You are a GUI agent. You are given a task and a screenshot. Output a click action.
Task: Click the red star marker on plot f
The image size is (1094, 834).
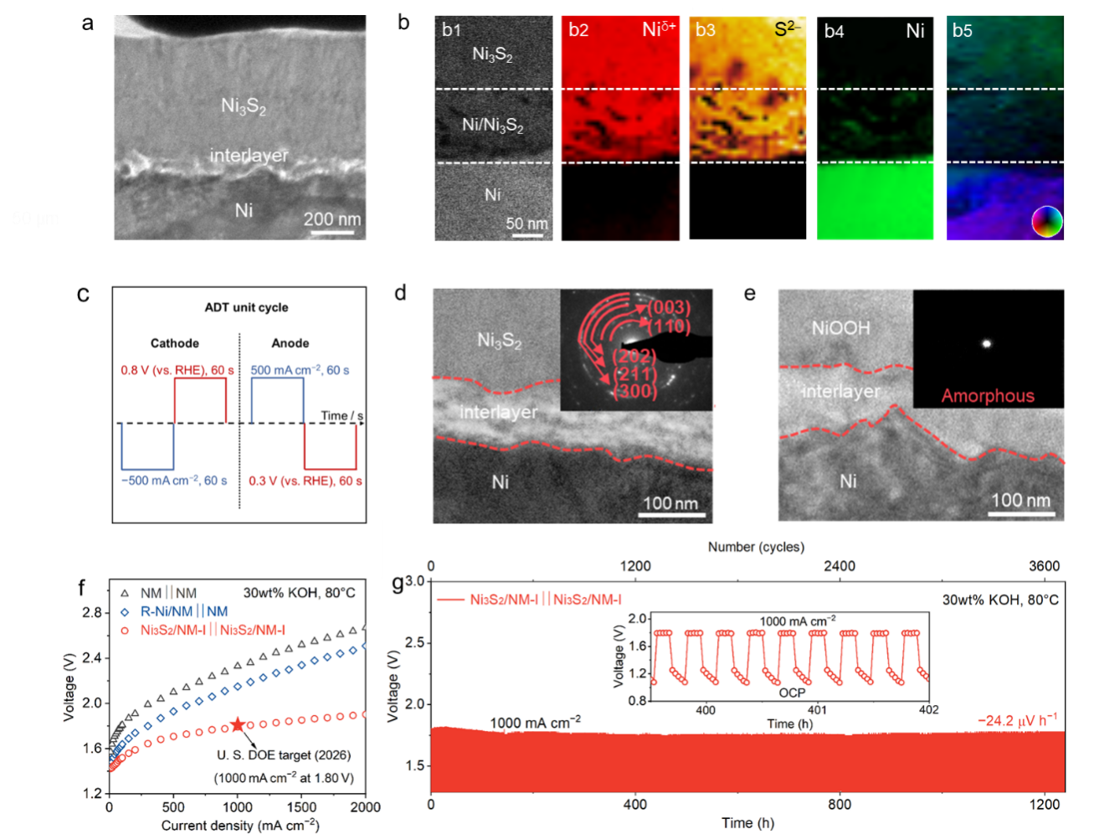[x=238, y=725]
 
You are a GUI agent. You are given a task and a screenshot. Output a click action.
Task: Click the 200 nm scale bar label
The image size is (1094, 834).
[x=331, y=219]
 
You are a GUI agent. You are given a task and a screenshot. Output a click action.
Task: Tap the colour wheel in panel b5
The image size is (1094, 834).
[x=1046, y=222]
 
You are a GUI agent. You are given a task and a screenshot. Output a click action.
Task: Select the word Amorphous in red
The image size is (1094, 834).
[x=988, y=396]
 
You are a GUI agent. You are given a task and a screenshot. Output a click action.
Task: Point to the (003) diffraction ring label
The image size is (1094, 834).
[x=669, y=308]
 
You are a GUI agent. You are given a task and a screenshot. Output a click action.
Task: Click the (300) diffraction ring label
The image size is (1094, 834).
[x=635, y=391]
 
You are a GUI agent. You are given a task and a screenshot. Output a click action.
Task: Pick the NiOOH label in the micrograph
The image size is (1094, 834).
[x=840, y=328]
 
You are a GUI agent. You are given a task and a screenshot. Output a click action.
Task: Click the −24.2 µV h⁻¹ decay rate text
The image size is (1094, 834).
[x=1017, y=720]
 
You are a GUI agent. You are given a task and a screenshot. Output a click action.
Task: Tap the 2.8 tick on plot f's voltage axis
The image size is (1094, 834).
[x=92, y=613]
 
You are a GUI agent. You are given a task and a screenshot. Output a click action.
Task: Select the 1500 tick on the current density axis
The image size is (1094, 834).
[x=301, y=807]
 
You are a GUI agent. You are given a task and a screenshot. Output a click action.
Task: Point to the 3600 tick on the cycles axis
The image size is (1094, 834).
[x=1044, y=566]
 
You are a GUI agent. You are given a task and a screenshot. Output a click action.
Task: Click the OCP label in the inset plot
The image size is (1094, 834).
[x=792, y=692]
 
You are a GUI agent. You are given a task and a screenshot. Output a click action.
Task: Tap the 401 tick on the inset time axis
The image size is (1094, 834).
[x=817, y=710]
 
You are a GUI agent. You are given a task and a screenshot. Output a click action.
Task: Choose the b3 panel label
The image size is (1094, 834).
[x=706, y=30]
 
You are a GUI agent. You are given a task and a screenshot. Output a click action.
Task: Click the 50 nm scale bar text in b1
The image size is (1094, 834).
[x=526, y=224]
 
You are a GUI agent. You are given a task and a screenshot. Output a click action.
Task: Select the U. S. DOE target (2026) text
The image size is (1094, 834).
[x=284, y=755]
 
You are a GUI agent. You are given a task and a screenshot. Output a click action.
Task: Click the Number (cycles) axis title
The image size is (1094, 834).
[x=756, y=547]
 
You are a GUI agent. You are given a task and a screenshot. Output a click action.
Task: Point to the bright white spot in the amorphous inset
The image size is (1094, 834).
[x=986, y=343]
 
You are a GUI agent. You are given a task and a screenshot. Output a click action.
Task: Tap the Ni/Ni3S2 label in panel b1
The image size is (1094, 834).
[x=492, y=126]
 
